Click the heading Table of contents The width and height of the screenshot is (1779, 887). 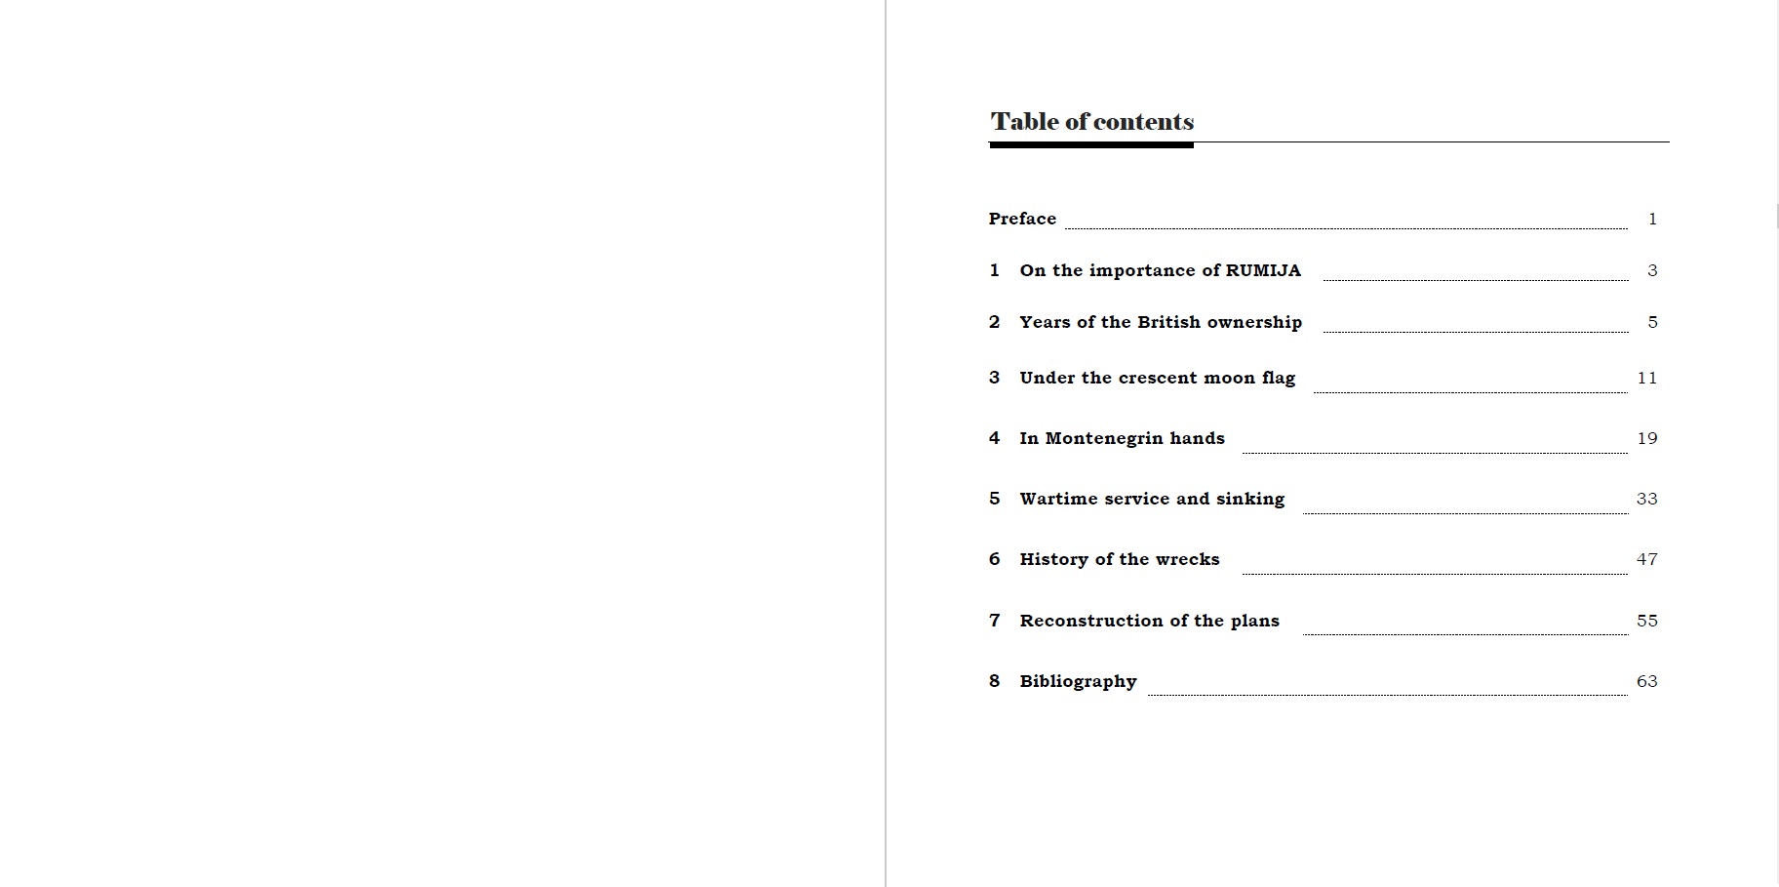[1091, 122]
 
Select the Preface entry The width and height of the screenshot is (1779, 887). [1022, 219]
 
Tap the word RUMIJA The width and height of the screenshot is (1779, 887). [1263, 270]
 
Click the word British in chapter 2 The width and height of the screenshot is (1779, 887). [1168, 322]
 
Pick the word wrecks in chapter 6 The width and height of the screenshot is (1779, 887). [1187, 559]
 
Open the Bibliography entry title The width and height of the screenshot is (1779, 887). [1078, 681]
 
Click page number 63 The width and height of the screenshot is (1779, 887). [1646, 681]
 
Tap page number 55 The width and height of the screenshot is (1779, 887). [1646, 621]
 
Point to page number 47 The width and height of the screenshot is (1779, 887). [1646, 559]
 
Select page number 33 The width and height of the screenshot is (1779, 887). [1646, 499]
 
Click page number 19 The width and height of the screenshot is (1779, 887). [1646, 438]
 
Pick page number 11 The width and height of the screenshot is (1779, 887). [1646, 378]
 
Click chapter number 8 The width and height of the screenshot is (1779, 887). [994, 681]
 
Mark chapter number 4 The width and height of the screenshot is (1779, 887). [994, 438]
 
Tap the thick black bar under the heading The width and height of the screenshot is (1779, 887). [1090, 145]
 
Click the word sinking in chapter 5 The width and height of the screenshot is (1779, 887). [1250, 499]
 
